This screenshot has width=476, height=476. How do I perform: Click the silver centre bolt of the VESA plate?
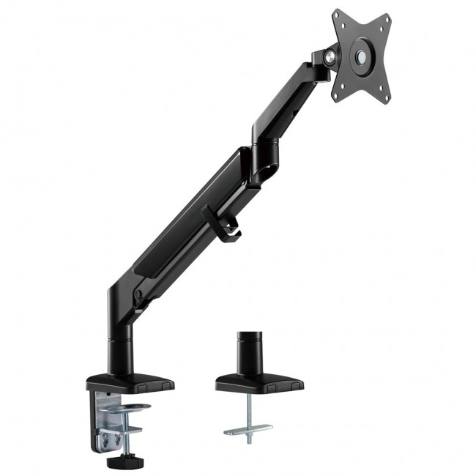coord(362,56)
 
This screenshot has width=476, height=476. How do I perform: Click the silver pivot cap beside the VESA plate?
coord(332,54)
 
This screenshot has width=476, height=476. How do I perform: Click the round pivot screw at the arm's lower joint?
coord(138,295)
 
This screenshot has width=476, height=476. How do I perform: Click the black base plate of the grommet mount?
coord(259,383)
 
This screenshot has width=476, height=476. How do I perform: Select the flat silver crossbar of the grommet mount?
coord(248,429)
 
